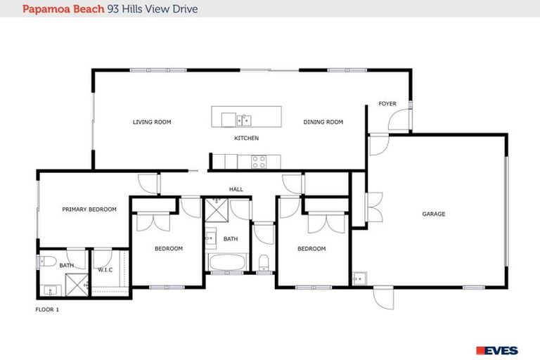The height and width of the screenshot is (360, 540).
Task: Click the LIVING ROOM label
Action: pos(152,122)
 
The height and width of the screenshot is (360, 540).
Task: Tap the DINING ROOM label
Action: pos(323,122)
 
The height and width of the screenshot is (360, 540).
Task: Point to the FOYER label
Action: pos(387,104)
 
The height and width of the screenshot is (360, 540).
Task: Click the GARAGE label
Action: pos(433,214)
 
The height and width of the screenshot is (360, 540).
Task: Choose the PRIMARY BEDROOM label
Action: pos(89,210)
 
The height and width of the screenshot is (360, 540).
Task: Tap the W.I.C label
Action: pos(105,269)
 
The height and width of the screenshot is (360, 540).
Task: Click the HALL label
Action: pos(236,189)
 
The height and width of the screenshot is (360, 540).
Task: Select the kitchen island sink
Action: pos(243,118)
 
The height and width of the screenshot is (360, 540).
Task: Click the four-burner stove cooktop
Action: pos(259,161)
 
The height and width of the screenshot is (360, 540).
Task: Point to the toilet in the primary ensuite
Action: pos(48,262)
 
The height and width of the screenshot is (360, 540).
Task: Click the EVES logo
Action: pos(496,350)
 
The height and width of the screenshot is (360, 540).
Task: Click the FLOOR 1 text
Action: pos(47,309)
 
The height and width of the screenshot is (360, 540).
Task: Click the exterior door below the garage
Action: pos(383,298)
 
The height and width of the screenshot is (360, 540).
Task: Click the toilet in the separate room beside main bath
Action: pos(263,263)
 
